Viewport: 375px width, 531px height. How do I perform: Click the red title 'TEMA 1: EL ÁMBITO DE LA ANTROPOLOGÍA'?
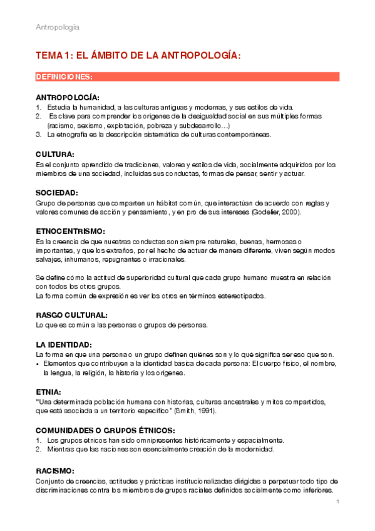(x=138, y=56)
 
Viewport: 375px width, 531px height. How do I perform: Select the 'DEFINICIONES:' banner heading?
(x=64, y=77)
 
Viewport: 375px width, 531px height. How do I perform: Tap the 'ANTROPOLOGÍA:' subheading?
(x=68, y=98)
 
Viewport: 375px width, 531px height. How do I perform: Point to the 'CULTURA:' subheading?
(x=55, y=154)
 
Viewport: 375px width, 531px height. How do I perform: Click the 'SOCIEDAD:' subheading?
(x=57, y=193)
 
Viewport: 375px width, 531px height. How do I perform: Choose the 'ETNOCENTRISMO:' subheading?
(x=69, y=232)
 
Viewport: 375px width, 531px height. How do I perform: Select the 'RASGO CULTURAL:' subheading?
(x=71, y=315)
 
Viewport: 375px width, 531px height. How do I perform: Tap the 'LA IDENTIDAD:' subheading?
(x=64, y=344)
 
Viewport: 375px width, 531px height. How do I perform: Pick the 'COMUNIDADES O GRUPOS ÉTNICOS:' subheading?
(x=105, y=430)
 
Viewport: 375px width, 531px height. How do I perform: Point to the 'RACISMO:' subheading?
(x=55, y=470)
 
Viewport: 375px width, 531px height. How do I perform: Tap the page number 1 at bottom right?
(x=337, y=502)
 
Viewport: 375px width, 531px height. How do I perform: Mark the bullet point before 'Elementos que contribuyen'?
(x=38, y=364)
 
